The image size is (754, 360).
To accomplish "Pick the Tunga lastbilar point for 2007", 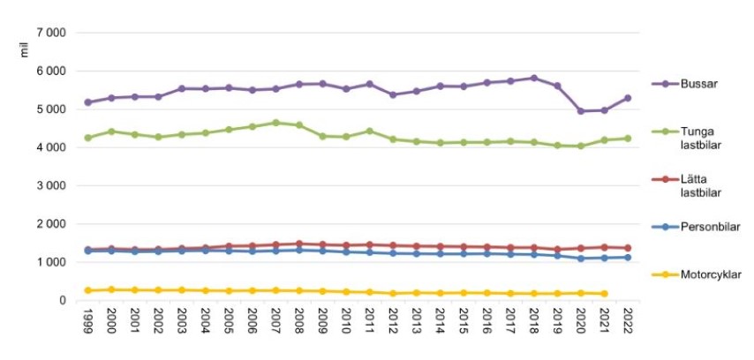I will [x=275, y=123].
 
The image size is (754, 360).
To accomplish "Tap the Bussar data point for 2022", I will [x=628, y=98].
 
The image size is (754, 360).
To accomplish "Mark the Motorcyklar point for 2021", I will [x=604, y=294].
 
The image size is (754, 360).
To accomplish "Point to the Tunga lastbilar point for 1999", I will [x=88, y=138].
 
